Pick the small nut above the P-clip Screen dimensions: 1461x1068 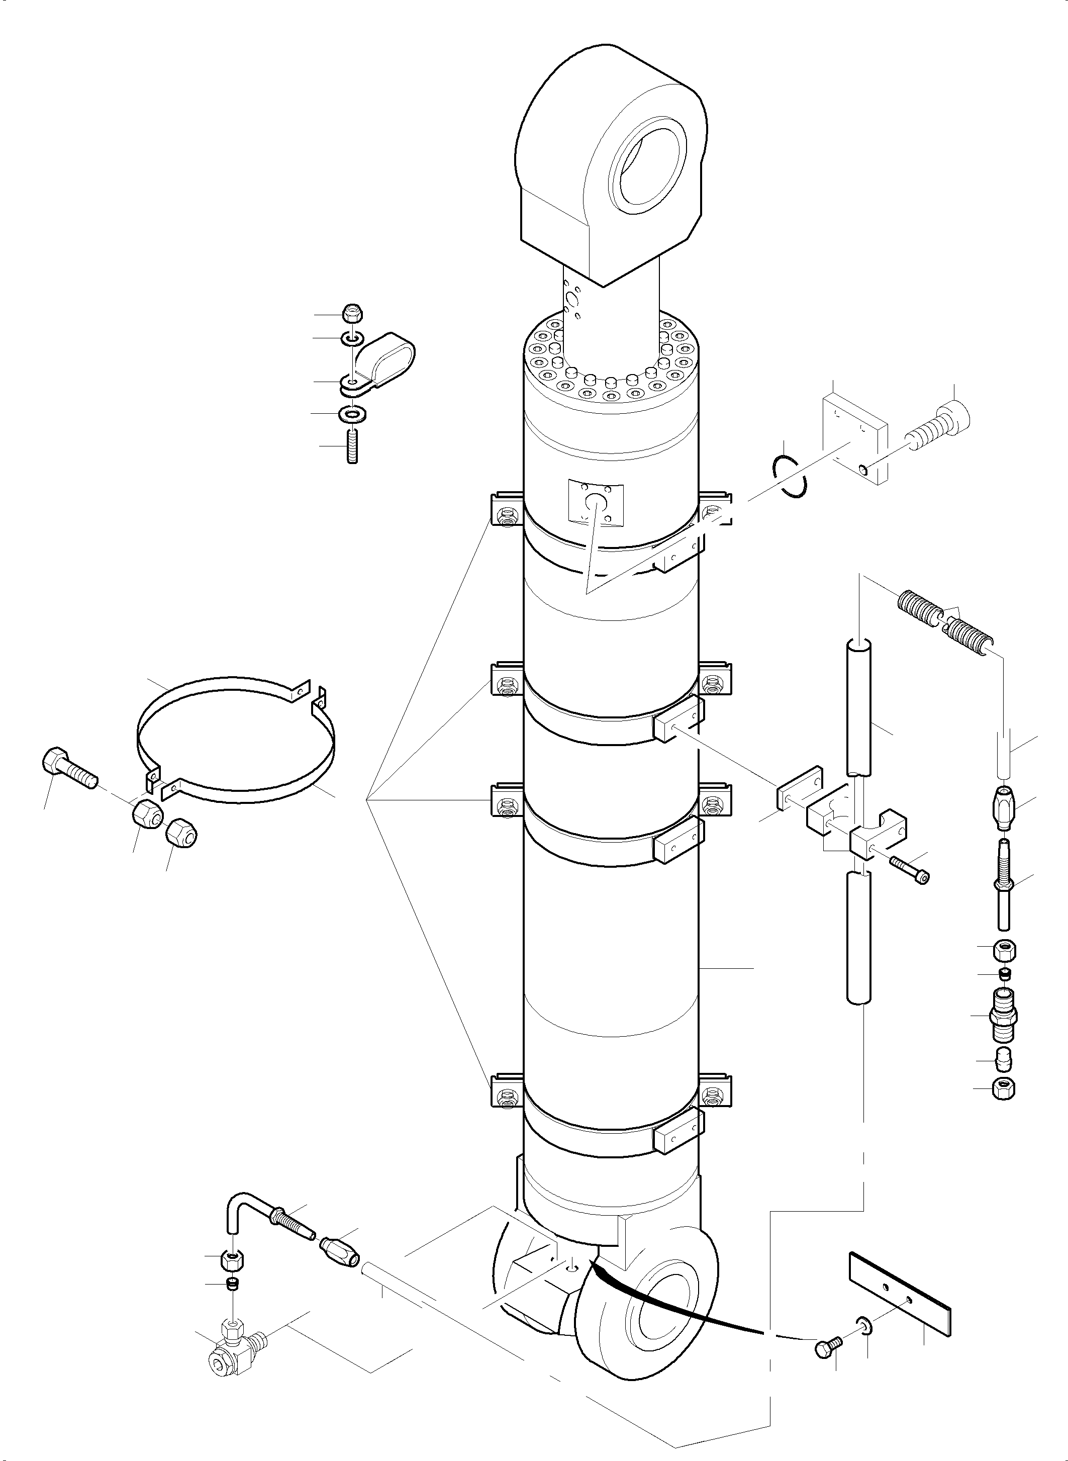(352, 313)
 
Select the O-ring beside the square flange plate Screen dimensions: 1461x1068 (791, 477)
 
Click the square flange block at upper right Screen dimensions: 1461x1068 (853, 440)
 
